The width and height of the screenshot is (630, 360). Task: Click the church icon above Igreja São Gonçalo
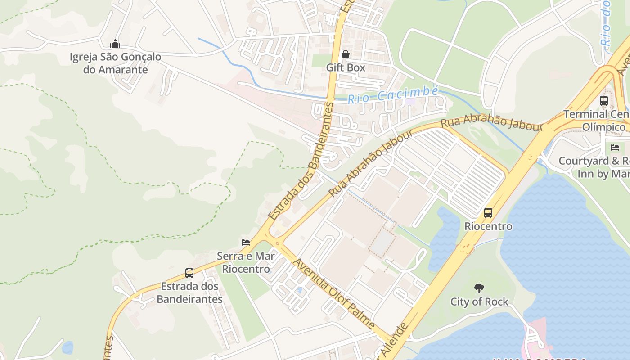point(115,44)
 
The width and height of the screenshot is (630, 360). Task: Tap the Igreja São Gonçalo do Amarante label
point(115,63)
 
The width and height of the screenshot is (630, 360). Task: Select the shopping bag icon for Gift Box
point(346,54)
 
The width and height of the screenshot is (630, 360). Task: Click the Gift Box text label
point(346,67)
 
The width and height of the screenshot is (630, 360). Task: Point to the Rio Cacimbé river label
point(393,95)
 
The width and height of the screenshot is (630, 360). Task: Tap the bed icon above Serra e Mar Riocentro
point(246,242)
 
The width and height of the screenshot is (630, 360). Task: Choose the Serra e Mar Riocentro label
point(246,262)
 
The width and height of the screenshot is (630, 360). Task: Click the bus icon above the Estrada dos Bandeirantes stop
point(189,273)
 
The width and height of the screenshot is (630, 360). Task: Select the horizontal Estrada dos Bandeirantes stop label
point(189,292)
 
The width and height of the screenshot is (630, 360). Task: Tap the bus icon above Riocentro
point(488,212)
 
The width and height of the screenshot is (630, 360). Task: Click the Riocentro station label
point(488,226)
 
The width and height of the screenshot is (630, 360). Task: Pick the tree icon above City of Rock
point(479,288)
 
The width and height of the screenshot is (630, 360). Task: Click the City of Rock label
point(479,301)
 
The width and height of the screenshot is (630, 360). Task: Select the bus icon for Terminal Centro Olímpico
point(604,101)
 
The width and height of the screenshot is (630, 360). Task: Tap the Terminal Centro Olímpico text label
point(596,121)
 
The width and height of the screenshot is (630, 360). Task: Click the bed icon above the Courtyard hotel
point(615,147)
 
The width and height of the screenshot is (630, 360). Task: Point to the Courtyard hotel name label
point(594,167)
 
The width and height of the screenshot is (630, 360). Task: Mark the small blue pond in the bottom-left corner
point(67,347)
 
